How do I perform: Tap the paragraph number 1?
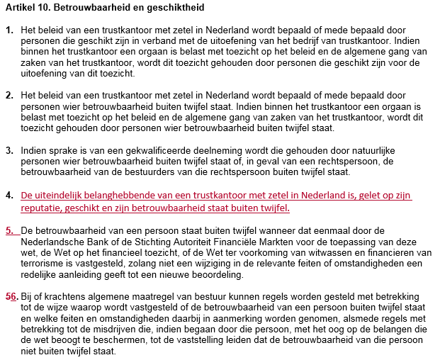pos(9,32)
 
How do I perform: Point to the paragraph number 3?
pos(9,151)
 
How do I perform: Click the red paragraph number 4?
pos(9,196)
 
